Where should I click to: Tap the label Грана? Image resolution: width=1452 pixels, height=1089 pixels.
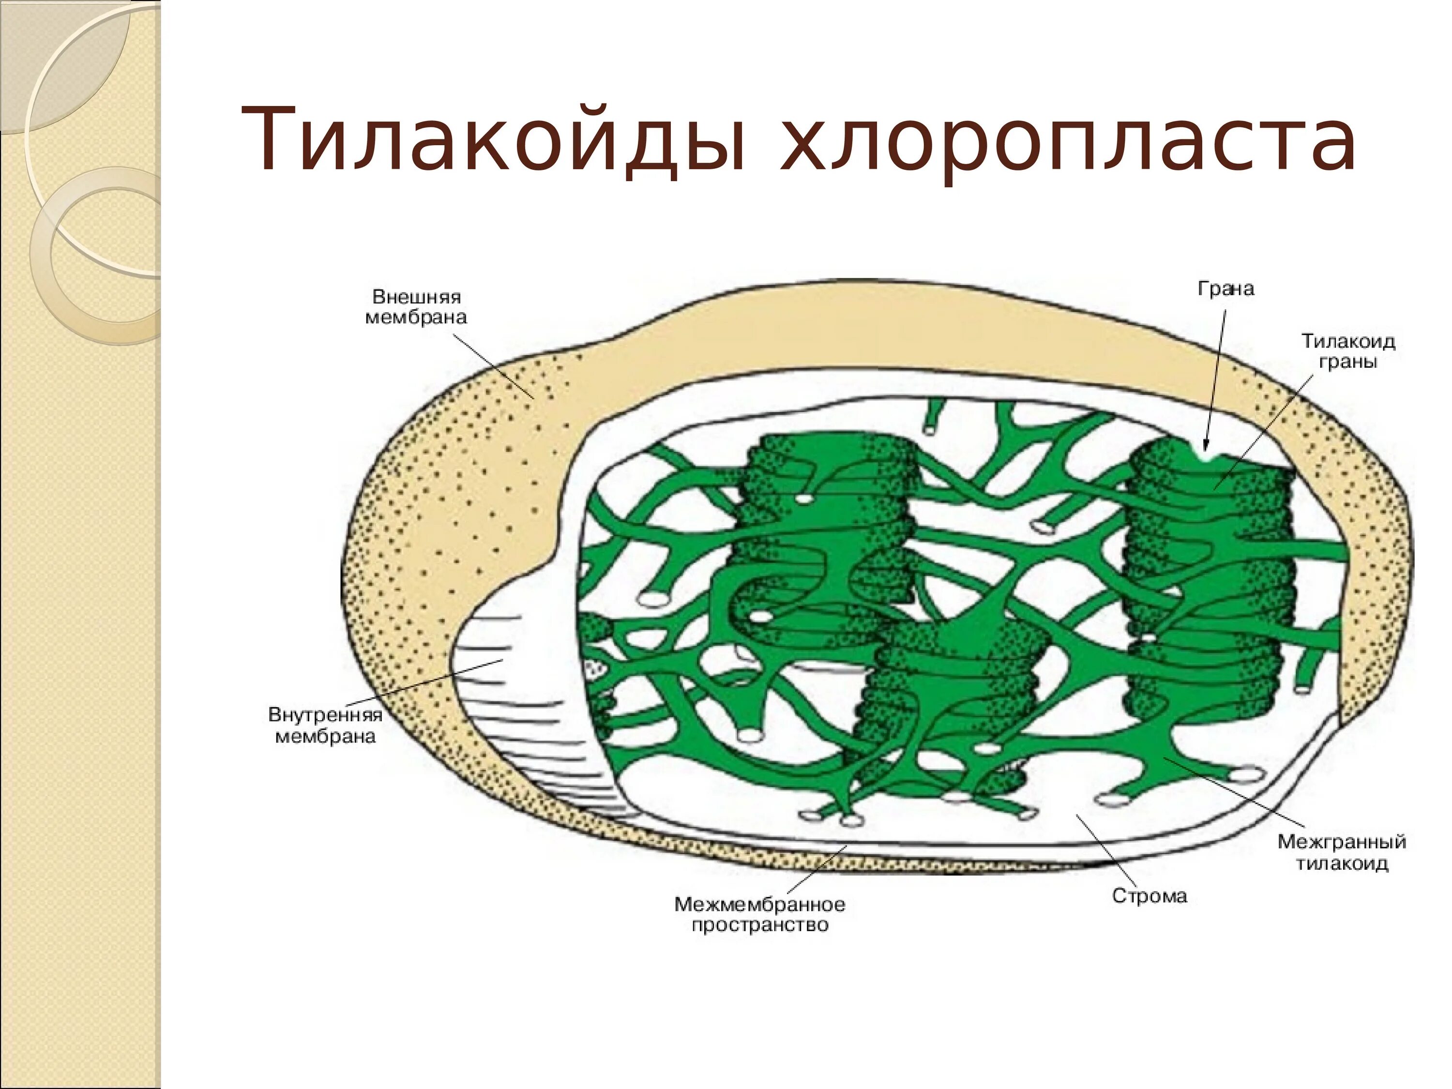[x=1225, y=289]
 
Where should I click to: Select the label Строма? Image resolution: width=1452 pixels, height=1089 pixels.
[x=1149, y=896]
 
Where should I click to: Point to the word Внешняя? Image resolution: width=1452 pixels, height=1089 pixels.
[x=416, y=297]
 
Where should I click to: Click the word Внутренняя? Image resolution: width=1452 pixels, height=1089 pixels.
[x=326, y=714]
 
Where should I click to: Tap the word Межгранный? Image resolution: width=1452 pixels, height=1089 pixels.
[x=1342, y=842]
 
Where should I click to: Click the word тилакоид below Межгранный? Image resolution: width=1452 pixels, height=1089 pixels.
[x=1342, y=862]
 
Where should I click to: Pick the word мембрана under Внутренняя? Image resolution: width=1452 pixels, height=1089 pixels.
[x=326, y=736]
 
